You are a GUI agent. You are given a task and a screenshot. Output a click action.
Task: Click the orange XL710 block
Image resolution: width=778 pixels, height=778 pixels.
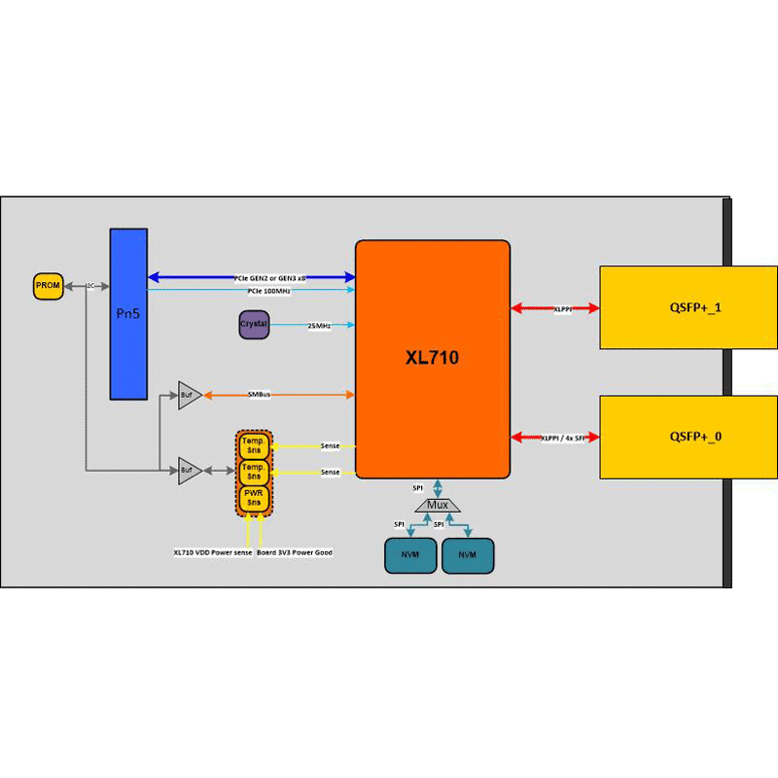(432, 359)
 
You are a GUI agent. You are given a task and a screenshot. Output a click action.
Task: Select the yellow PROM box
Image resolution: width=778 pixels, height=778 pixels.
(48, 286)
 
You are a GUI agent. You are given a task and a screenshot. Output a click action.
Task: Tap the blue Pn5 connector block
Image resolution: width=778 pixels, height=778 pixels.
(128, 313)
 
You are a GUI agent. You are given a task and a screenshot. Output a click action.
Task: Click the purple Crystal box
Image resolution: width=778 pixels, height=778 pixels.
(254, 324)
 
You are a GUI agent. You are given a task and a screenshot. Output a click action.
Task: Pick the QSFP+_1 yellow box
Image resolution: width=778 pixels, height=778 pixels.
(689, 306)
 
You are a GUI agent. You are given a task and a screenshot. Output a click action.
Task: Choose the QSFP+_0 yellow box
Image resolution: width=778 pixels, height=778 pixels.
(689, 437)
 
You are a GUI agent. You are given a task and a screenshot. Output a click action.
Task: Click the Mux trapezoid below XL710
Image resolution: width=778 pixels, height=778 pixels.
(438, 506)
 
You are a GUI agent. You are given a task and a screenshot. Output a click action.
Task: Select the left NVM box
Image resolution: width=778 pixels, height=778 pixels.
(409, 554)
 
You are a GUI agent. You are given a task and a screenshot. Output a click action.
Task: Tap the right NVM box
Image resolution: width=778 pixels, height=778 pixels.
(468, 554)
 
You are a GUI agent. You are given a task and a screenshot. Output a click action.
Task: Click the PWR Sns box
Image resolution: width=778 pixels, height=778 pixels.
(254, 500)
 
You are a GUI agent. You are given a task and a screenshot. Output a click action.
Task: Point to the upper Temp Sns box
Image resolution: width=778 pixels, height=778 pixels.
(254, 446)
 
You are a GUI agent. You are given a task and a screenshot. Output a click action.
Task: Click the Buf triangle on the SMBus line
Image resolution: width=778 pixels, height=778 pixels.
(189, 395)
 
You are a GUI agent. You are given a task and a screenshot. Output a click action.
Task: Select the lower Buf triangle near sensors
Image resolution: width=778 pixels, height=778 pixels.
(189, 472)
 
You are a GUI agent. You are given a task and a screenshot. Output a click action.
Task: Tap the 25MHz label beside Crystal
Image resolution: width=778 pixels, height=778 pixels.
(319, 326)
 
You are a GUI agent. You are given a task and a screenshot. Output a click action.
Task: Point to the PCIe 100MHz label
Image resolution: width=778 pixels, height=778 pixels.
(268, 291)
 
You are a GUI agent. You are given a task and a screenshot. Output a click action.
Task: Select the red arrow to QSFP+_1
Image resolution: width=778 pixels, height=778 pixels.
(555, 308)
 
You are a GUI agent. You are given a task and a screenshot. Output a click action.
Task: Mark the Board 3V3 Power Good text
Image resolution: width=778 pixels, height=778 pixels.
(295, 552)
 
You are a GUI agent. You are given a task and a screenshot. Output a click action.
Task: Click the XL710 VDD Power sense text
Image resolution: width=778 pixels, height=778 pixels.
(213, 552)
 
